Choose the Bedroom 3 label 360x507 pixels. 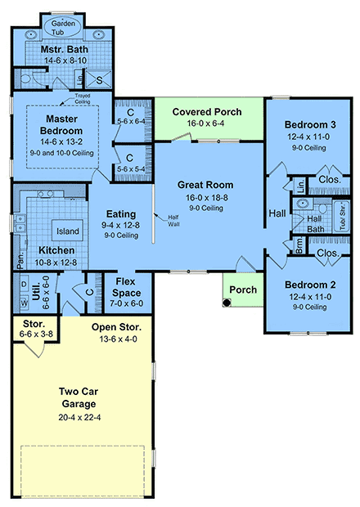coord(306,124)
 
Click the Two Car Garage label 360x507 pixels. coord(79,397)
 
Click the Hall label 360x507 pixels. coord(277,214)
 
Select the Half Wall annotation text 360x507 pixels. coord(173,219)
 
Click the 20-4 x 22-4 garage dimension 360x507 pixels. coord(79,418)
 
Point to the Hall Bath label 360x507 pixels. coord(313,225)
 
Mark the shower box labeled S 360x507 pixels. coord(100,79)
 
